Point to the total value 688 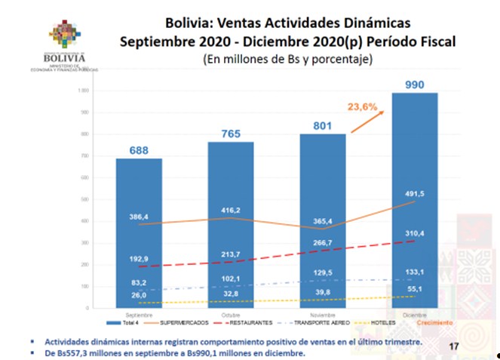coord(139,149)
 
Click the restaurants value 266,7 coord(323,242)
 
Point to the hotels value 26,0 coord(139,294)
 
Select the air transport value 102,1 coord(231,278)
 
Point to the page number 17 coord(454,346)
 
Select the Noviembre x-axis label coord(323,312)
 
